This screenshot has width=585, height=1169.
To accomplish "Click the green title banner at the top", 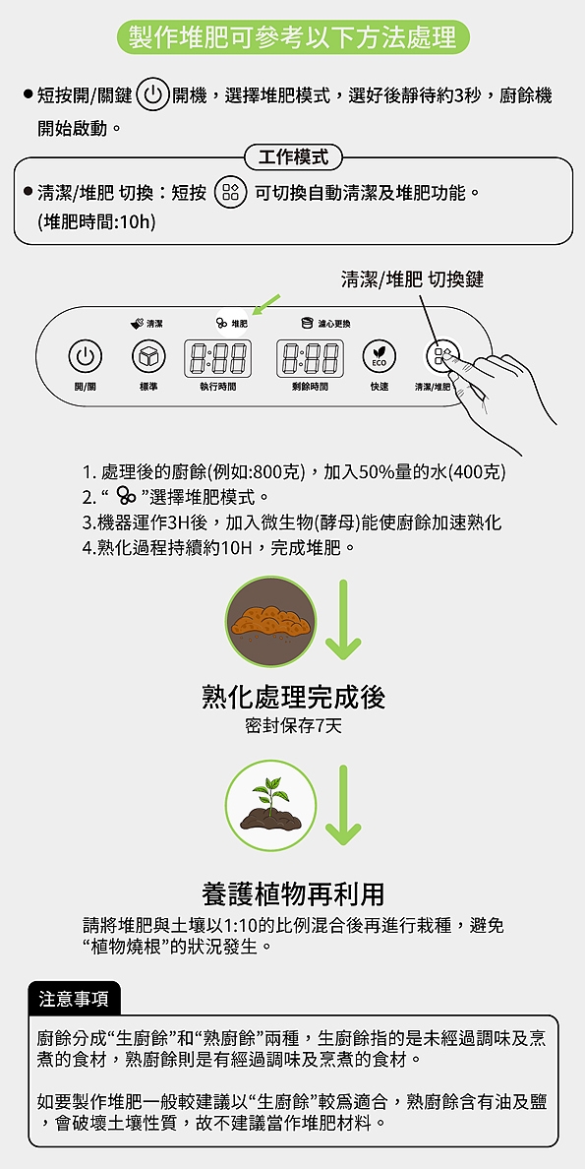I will coord(292,38).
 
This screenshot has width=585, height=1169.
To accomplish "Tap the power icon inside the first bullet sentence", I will coord(152,95).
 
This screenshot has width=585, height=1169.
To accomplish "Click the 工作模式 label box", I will coord(292,157).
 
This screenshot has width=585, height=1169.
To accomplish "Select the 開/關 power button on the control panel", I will coord(86,356).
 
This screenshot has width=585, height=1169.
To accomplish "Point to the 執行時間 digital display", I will coord(216,357).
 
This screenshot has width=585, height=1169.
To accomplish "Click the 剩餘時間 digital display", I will coord(310,357).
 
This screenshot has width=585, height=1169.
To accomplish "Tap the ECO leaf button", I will coord(379,356).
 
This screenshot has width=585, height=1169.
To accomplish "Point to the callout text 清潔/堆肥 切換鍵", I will coord(412,279).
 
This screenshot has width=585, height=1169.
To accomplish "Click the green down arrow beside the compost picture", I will coord(343,620).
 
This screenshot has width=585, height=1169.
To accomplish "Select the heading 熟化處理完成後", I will coord(293,698).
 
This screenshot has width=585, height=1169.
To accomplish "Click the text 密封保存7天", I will coord(292,727).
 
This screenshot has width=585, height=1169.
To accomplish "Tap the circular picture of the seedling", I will coord(270,806).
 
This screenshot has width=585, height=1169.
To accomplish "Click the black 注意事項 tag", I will coord(75,998).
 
